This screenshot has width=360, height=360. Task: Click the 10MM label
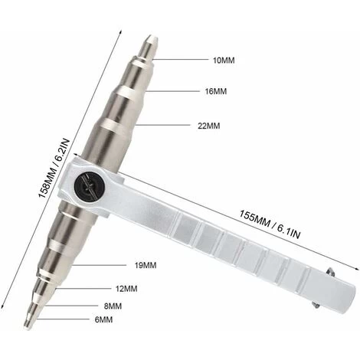pos(224,61)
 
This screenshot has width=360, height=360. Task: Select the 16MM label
pos(216,91)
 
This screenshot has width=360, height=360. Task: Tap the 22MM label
pos(208,126)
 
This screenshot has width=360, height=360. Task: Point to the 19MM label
pos(146,265)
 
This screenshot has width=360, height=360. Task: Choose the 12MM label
pos(126,289)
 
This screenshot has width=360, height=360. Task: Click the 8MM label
pos(113,306)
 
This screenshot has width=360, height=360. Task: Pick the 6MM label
pos(103,319)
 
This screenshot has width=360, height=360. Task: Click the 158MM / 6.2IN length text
pos(54,169)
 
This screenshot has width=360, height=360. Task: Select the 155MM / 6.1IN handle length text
pos(270,224)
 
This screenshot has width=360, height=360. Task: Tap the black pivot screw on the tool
pos(90,185)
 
